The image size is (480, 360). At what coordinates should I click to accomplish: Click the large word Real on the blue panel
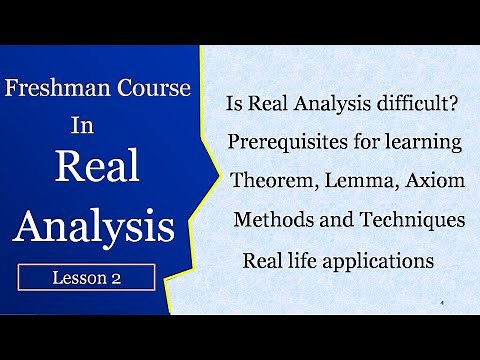96,168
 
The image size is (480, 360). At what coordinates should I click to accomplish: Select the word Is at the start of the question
236,103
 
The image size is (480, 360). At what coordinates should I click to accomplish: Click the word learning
428,143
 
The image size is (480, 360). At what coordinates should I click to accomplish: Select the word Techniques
410,220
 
